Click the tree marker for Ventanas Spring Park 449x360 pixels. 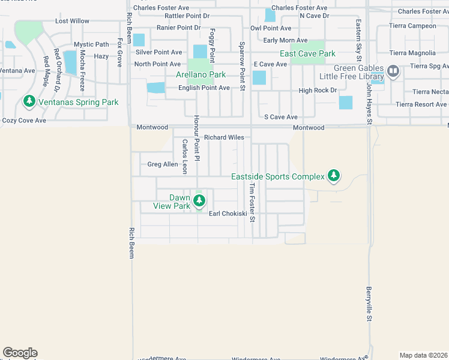pos(29,101)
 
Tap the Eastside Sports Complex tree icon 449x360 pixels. pos(334,176)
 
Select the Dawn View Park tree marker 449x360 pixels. pos(199,201)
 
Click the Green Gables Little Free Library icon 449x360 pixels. pos(393,72)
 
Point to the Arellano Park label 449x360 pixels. pos(200,74)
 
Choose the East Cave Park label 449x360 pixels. pos(307,53)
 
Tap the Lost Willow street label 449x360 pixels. pos(72,21)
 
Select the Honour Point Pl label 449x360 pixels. pos(197,137)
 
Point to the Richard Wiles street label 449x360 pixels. pos(224,137)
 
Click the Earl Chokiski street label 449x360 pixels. pos(228,213)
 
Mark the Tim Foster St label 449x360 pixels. pos(253,202)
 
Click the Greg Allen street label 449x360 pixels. pos(163,164)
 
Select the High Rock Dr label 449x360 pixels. pos(318,91)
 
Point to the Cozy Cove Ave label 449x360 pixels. pos(24,121)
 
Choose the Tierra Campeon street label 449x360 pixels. pos(413,26)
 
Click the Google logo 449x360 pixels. pos(20,353)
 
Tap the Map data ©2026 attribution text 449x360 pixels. pos(423,355)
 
